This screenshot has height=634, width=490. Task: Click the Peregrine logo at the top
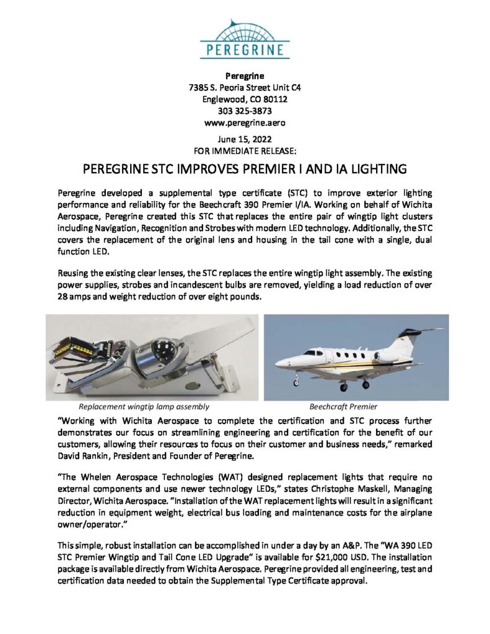point(245,39)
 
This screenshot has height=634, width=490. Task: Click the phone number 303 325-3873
point(245,110)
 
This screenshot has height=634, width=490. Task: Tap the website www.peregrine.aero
point(245,122)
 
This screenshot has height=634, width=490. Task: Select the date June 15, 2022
point(245,139)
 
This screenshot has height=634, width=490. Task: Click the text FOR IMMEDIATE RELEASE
point(245,150)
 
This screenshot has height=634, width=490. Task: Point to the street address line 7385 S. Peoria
point(245,87)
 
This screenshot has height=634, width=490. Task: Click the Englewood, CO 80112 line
point(245,99)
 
